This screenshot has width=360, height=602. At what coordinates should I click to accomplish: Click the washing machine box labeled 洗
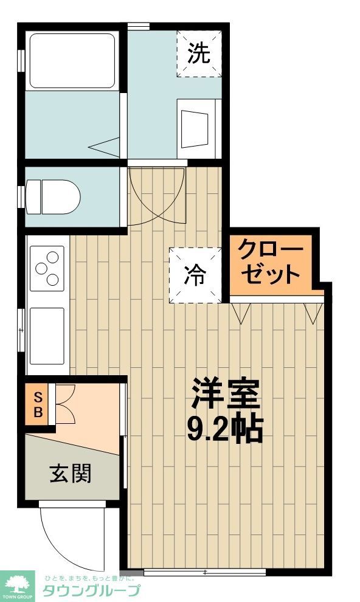pyautogui.click(x=198, y=54)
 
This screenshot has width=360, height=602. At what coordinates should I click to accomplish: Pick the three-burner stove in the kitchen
pyautogui.click(x=47, y=268)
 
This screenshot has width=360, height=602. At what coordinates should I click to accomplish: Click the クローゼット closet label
pyautogui.click(x=270, y=262)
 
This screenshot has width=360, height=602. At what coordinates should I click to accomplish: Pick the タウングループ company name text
pyautogui.click(x=91, y=590)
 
